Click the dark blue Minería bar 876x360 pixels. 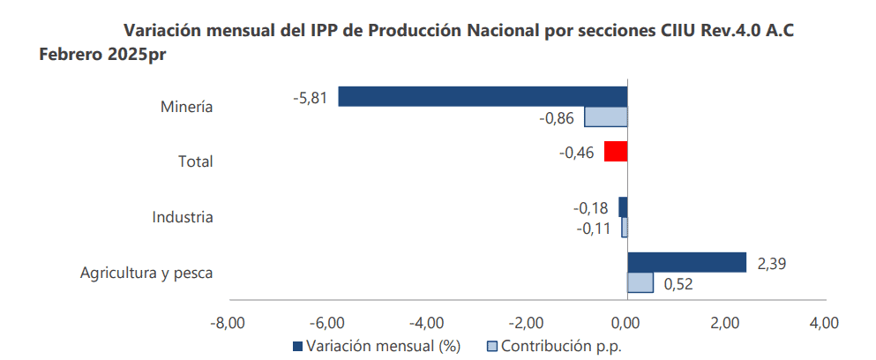coord(483,96)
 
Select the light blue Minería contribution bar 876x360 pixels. coord(606,116)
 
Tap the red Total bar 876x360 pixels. coord(616,151)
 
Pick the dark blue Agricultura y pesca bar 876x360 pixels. coord(686,262)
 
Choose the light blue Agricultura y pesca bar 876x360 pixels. coord(640,282)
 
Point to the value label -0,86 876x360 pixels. coord(556,118)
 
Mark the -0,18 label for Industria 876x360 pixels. coord(590,208)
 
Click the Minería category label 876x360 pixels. coord(187,108)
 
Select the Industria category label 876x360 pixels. coord(183,217)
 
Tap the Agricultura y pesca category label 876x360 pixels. coord(146,273)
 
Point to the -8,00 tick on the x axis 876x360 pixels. coord(227,322)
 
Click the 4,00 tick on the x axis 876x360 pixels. coord(823,322)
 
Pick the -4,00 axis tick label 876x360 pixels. coord(426,322)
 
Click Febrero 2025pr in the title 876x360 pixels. coord(103,55)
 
